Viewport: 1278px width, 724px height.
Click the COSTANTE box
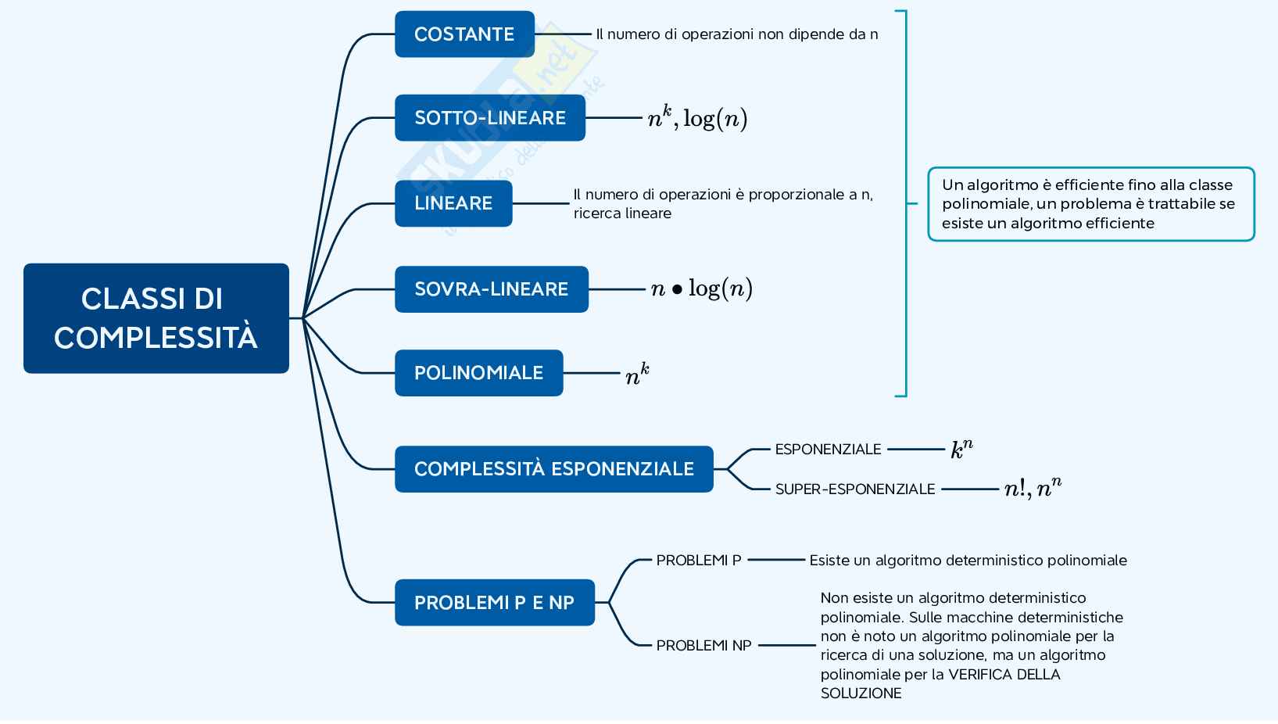point(464,34)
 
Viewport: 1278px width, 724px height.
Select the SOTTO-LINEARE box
point(489,118)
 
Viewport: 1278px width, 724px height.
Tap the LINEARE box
point(453,203)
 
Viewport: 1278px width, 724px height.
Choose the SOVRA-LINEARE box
point(491,289)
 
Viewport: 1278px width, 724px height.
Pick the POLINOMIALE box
point(478,373)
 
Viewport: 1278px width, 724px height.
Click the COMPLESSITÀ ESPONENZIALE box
point(553,469)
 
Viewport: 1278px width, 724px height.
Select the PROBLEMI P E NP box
point(494,603)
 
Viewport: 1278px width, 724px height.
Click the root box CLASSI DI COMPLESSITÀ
point(156,318)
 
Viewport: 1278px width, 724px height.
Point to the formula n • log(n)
point(701,289)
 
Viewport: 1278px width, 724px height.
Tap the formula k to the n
point(961,450)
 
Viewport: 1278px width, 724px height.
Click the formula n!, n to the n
point(1033,489)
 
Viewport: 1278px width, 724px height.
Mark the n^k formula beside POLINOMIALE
point(637,374)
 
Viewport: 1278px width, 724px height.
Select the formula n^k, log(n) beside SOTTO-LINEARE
point(697,118)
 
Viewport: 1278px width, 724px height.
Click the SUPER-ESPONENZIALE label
point(855,489)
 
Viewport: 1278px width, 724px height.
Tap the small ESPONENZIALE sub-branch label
point(828,450)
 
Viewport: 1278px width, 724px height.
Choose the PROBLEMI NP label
point(703,646)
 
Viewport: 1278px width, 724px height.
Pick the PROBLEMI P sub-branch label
point(699,561)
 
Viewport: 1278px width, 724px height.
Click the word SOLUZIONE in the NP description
point(861,694)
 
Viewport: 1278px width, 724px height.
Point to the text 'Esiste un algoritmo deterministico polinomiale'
point(968,561)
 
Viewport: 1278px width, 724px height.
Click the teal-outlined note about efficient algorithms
point(1090,204)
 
